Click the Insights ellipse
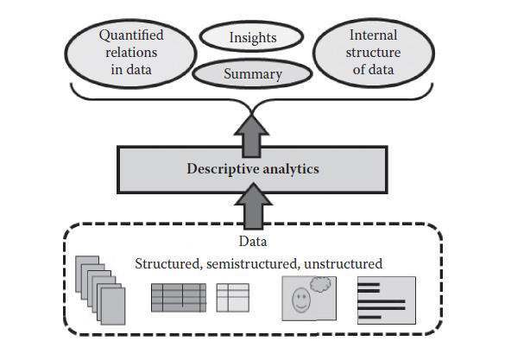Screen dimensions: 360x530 pos(251,37)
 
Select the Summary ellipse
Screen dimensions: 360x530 pos(252,73)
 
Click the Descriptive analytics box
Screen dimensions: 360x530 pos(252,167)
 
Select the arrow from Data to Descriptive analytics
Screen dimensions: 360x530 pos(253,210)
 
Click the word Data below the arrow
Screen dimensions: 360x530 pos(253,243)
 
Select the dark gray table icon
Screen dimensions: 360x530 pos(179,297)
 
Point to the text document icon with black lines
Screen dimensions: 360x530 pos(386,299)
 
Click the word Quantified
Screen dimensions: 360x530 pos(131,35)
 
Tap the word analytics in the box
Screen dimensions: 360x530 pos(287,168)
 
